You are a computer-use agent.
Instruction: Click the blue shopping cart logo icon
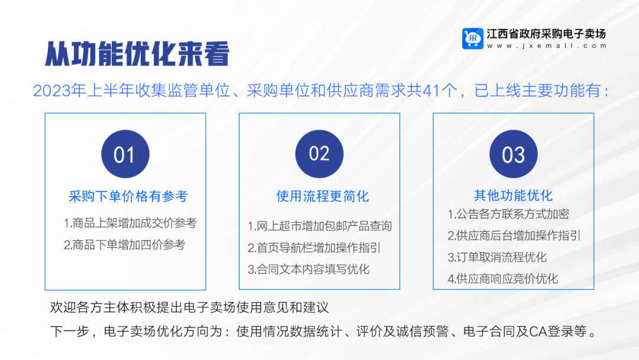(x=473, y=38)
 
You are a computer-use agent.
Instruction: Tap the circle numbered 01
(x=125, y=154)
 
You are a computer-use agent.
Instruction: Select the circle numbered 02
(x=319, y=154)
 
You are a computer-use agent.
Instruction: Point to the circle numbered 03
(x=514, y=154)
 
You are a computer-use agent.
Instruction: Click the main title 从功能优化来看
(x=137, y=53)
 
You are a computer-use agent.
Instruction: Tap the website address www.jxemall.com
(x=547, y=46)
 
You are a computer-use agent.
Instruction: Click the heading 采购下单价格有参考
(x=128, y=197)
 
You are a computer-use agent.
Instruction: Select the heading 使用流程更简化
(x=322, y=197)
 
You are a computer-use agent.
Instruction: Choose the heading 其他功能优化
(x=514, y=195)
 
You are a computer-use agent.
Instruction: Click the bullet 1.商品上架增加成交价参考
(x=130, y=223)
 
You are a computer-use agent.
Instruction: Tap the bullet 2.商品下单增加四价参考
(x=124, y=245)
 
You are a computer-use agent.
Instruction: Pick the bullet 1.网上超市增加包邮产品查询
(x=319, y=226)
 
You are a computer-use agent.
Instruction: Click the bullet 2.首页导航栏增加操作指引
(x=314, y=247)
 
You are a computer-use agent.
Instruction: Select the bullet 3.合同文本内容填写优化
(x=308, y=269)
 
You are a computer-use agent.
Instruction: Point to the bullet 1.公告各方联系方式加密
(x=508, y=214)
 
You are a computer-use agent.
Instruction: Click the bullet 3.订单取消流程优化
(x=497, y=257)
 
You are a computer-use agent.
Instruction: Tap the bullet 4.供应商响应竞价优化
(x=502, y=279)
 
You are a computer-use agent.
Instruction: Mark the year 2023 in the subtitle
(x=51, y=91)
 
